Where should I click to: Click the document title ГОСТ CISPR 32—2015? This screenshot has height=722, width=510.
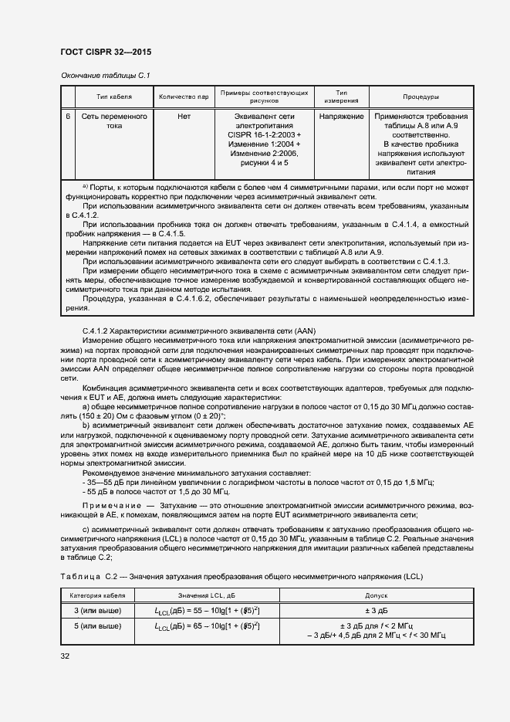click(105, 52)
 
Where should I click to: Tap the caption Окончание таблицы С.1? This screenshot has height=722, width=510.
click(104, 75)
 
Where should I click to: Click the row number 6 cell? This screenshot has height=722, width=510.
click(68, 116)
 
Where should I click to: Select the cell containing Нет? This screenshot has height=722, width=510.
click(184, 116)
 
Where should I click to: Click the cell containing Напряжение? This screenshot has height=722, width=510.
click(340, 116)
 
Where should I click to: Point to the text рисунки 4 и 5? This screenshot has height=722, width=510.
click(264, 163)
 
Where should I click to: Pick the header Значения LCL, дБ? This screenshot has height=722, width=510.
click(207, 596)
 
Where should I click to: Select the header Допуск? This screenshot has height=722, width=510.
click(376, 596)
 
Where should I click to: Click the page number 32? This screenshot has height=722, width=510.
click(65, 656)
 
